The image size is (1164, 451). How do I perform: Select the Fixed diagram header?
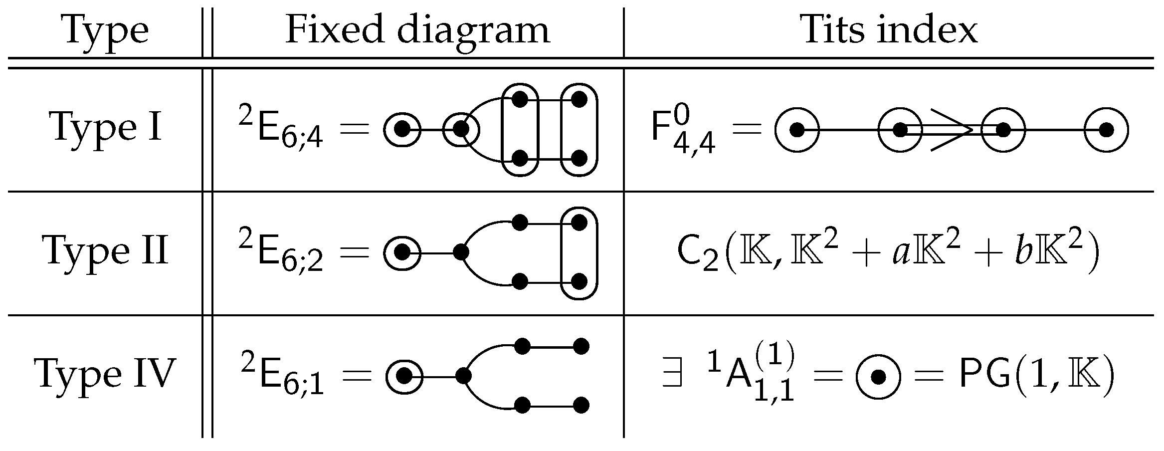pyautogui.click(x=417, y=30)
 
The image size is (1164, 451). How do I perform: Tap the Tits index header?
pyautogui.click(x=890, y=30)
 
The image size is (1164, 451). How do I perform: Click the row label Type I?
pyautogui.click(x=106, y=127)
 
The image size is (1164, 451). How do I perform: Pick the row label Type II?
pyautogui.click(x=106, y=251)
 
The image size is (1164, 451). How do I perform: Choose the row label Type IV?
pyautogui.click(x=105, y=374)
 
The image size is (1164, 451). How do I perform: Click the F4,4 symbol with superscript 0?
pyautogui.click(x=684, y=131)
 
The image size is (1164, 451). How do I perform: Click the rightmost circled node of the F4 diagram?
pyautogui.click(x=1106, y=130)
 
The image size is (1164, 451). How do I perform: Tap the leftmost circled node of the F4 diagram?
pyautogui.click(x=797, y=130)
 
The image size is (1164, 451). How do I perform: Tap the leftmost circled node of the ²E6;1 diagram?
pyautogui.click(x=404, y=375)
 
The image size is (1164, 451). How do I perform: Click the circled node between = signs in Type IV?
pyautogui.click(x=878, y=378)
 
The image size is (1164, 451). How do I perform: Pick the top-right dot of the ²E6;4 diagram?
pyautogui.click(x=579, y=99)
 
